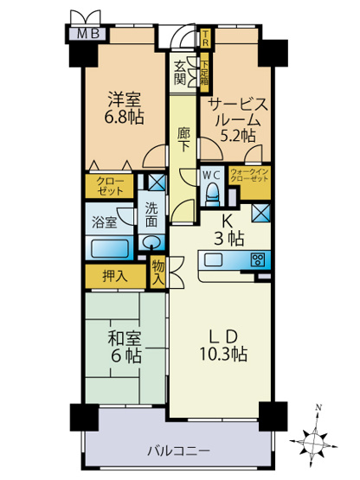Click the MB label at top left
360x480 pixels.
(89, 35)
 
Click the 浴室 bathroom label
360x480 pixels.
(105, 222)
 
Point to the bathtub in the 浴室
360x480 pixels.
(111, 246)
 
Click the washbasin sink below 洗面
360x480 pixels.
(151, 243)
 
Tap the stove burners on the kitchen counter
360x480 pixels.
(256, 259)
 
